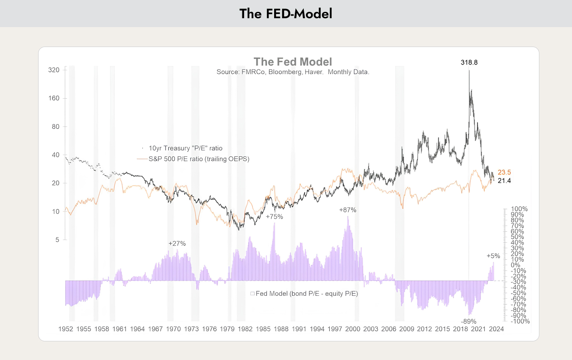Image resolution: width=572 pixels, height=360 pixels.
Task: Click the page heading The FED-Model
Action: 286,14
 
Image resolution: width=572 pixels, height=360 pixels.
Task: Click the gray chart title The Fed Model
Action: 293,62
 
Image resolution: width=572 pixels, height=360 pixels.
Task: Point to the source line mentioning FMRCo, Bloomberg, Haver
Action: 293,72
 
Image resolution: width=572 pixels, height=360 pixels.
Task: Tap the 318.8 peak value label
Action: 469,63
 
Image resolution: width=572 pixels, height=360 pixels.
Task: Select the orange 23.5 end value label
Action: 504,172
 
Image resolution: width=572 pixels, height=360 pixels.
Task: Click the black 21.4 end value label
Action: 504,181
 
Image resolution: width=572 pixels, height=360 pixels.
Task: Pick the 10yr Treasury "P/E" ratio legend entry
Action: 182,148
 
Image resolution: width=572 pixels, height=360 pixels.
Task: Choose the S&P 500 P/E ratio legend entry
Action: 193,159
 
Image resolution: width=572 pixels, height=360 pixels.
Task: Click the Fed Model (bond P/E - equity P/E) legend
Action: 304,294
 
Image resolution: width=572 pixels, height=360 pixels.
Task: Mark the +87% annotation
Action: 348,210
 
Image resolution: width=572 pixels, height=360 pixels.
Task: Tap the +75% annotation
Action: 275,217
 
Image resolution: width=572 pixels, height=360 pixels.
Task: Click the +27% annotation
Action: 177,244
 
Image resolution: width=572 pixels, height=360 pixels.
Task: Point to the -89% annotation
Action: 469,321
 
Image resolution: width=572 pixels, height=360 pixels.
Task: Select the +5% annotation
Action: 493,256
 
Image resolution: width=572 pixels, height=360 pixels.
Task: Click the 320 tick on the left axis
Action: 54,70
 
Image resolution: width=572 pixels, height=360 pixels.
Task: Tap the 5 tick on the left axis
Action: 58,240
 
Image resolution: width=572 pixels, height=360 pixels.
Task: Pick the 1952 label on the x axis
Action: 66,329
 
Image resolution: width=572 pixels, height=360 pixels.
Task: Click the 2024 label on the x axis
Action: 497,329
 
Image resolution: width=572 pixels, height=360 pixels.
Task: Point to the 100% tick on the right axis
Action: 519,209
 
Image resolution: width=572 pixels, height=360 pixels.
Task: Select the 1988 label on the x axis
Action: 281,329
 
